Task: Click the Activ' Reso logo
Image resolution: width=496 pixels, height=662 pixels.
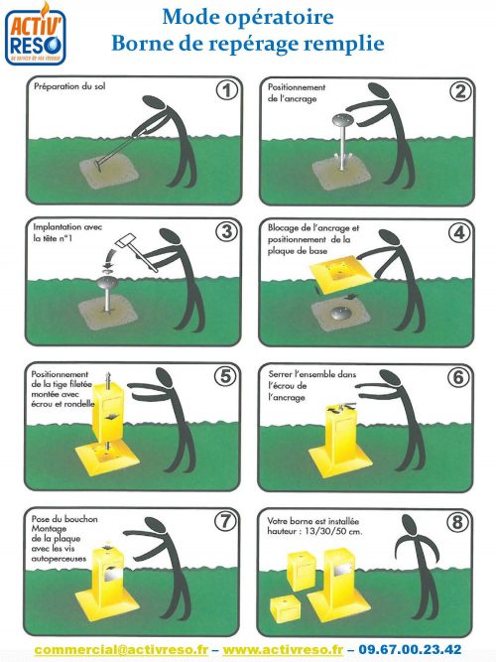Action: [x=33, y=36]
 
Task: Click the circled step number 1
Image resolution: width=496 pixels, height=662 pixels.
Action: [x=227, y=91]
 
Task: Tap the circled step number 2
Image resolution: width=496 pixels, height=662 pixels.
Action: [x=458, y=92]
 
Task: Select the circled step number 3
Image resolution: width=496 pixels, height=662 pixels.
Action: [x=227, y=232]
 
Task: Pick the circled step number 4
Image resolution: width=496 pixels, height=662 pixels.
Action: [x=458, y=232]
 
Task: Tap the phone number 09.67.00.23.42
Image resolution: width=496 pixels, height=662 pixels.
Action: [x=411, y=648]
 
